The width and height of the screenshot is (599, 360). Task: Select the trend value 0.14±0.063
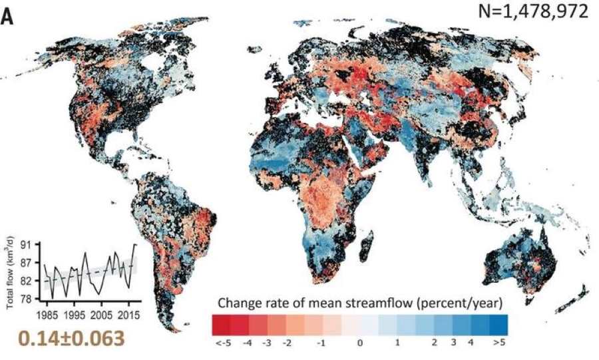click(71, 338)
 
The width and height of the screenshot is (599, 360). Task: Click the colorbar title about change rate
click(359, 300)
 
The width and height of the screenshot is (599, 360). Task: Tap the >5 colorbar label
click(499, 343)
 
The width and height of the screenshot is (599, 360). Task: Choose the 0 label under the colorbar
click(360, 343)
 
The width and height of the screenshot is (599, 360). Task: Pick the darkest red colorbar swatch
click(221, 323)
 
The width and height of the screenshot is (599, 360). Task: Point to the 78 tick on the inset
click(28, 299)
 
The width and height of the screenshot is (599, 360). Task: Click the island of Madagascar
click(365, 245)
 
